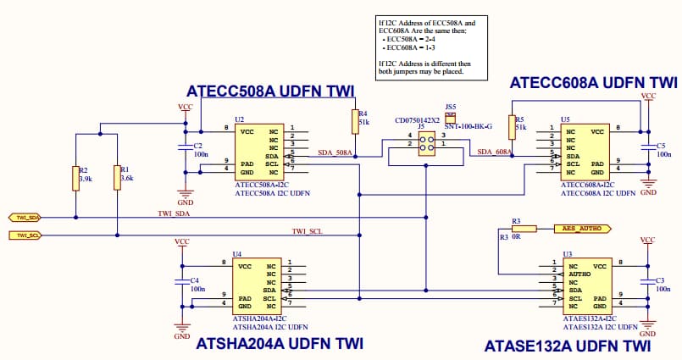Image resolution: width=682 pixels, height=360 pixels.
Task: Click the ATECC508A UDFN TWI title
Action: (x=270, y=91)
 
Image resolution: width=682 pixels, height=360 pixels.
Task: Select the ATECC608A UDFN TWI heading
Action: (x=593, y=82)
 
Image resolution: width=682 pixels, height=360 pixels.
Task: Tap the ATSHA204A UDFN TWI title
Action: (x=280, y=344)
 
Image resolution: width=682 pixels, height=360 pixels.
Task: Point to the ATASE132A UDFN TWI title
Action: (x=568, y=346)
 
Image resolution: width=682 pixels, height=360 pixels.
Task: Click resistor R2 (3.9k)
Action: (x=76, y=178)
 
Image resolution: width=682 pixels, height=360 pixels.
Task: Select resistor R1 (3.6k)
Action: (x=116, y=178)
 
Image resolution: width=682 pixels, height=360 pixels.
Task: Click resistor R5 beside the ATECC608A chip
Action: (x=512, y=128)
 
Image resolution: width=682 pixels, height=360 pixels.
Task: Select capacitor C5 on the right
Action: (x=648, y=149)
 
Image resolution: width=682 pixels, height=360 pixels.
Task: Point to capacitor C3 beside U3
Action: (x=648, y=282)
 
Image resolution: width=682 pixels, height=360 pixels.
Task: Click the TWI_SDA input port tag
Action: (x=25, y=217)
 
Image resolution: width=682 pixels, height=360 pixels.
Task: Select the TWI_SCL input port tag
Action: (x=25, y=235)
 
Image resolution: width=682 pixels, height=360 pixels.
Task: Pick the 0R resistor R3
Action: (x=524, y=228)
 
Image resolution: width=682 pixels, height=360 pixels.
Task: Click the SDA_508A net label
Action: (x=334, y=152)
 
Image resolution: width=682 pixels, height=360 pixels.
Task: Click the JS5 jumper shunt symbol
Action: (x=451, y=118)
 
